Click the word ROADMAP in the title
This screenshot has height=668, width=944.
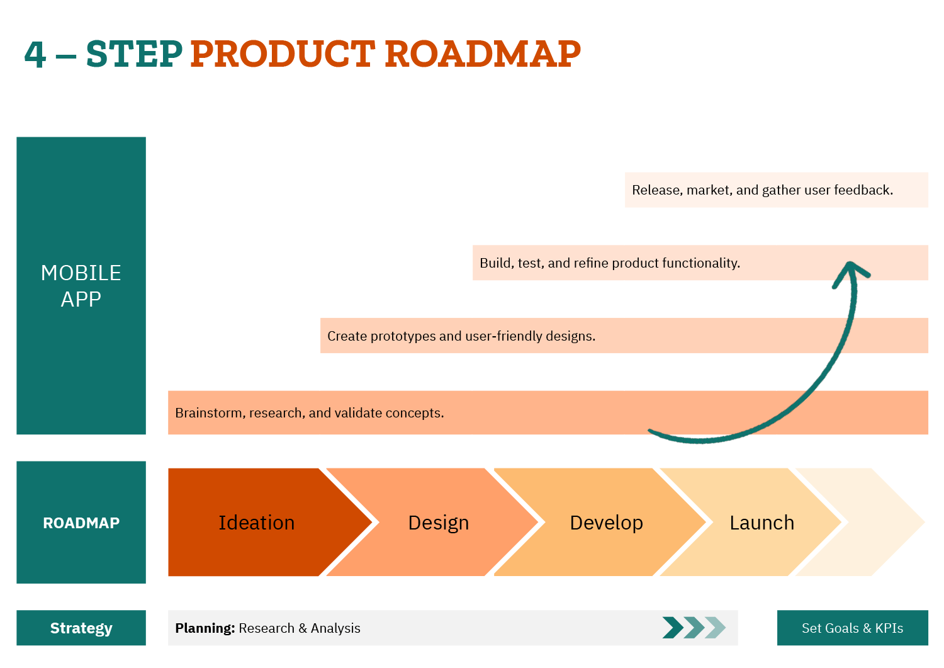point(482,54)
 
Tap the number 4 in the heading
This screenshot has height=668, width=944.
point(35,55)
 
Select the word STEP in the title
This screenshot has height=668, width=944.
point(134,54)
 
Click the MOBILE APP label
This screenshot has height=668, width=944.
point(81,286)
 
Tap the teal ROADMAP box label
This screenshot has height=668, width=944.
point(81,523)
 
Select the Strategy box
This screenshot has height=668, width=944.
point(81,628)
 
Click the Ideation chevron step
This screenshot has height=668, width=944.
point(257,523)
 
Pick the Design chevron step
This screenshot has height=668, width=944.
point(439,523)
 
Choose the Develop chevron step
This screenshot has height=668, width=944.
point(606,523)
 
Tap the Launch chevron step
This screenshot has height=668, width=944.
point(761,523)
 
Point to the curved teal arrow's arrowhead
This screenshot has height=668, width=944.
point(850,269)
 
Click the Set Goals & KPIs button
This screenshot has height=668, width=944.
point(852,628)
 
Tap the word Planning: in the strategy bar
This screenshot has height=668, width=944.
point(205,628)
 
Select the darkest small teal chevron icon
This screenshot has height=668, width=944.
point(672,628)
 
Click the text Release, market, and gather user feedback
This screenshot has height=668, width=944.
point(762,190)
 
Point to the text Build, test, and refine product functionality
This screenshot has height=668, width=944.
point(609,263)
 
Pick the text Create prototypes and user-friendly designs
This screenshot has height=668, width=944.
point(461,336)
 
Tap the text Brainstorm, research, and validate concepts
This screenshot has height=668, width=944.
point(309,413)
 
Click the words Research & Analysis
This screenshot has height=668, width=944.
point(300,628)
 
